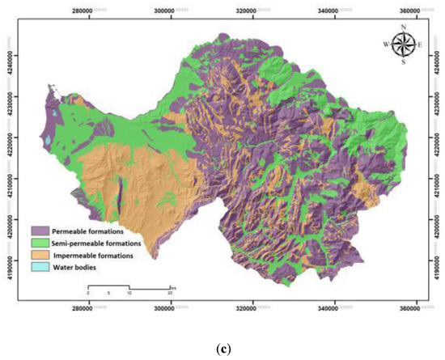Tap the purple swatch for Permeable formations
(x=41, y=231)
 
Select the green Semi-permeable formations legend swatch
(x=41, y=242)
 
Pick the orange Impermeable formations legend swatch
(x=41, y=254)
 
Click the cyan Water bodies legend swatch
(x=41, y=265)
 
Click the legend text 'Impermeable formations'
(x=94, y=254)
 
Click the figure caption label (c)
(x=222, y=347)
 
